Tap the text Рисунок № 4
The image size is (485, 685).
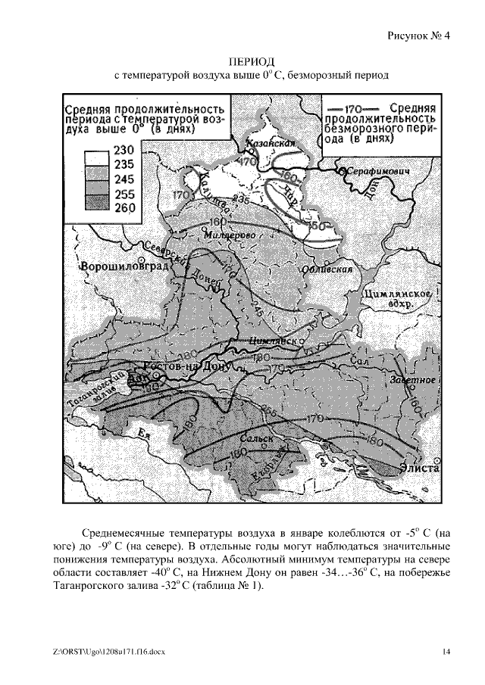point(419,35)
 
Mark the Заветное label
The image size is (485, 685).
point(412,378)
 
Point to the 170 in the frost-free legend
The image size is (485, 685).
point(346,107)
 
